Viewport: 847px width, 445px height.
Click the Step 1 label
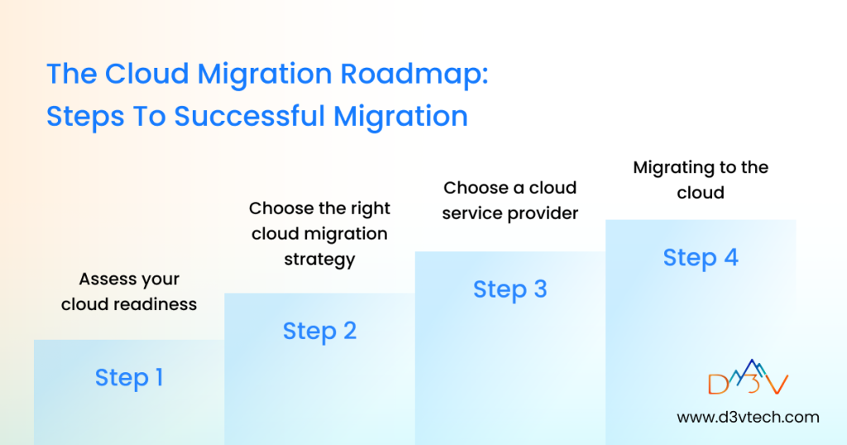point(129,378)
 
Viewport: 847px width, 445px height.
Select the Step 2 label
point(319,331)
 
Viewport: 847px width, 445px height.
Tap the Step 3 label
point(510,289)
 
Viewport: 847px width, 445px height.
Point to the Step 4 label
point(701,257)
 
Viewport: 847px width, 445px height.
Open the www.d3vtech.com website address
point(748,417)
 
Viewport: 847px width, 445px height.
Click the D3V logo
point(748,379)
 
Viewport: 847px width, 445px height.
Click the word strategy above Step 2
point(319,259)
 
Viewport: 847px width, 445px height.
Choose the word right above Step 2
point(369,208)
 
